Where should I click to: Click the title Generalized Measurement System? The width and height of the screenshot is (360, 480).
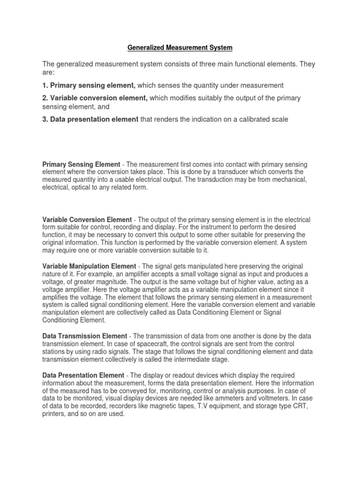[180, 47]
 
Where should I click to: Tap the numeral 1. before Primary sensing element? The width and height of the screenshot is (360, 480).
[45, 85]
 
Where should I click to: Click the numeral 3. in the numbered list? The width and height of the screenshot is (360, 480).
[45, 120]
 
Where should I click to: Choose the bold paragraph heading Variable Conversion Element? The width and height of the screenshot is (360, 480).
[87, 220]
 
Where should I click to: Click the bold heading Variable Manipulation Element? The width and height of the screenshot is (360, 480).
[89, 266]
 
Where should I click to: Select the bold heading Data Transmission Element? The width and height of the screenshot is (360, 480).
[84, 336]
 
